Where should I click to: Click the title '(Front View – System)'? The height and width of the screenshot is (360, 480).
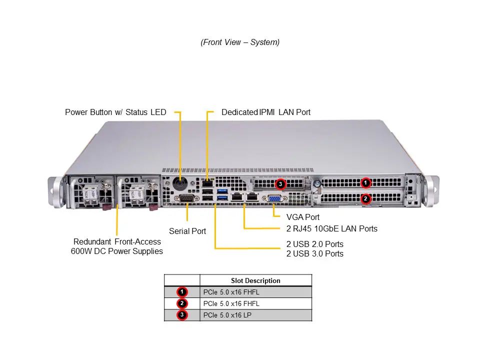[240, 42]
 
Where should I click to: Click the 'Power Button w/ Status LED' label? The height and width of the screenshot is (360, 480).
[115, 112]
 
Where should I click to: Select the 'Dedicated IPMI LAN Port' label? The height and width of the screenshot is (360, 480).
[266, 112]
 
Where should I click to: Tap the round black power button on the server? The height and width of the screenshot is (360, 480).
[180, 184]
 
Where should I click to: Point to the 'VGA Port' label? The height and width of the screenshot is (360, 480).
[303, 217]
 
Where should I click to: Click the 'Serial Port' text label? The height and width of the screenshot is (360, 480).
[187, 231]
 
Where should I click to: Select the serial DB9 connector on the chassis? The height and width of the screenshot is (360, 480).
[186, 199]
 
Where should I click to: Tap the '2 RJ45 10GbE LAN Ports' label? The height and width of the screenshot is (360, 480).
[332, 228]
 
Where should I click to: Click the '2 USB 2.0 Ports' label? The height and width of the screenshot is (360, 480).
[315, 244]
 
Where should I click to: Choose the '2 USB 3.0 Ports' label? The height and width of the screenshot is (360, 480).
[315, 253]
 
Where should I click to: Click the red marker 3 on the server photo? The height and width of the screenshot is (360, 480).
[281, 183]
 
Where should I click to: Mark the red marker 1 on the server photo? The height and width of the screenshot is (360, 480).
[365, 182]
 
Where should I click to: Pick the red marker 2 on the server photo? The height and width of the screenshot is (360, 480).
[365, 198]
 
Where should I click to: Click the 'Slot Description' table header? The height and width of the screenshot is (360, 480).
[255, 280]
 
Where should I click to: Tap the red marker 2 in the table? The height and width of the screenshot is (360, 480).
[182, 303]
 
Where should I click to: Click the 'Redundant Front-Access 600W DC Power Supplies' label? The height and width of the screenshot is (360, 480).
[117, 246]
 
